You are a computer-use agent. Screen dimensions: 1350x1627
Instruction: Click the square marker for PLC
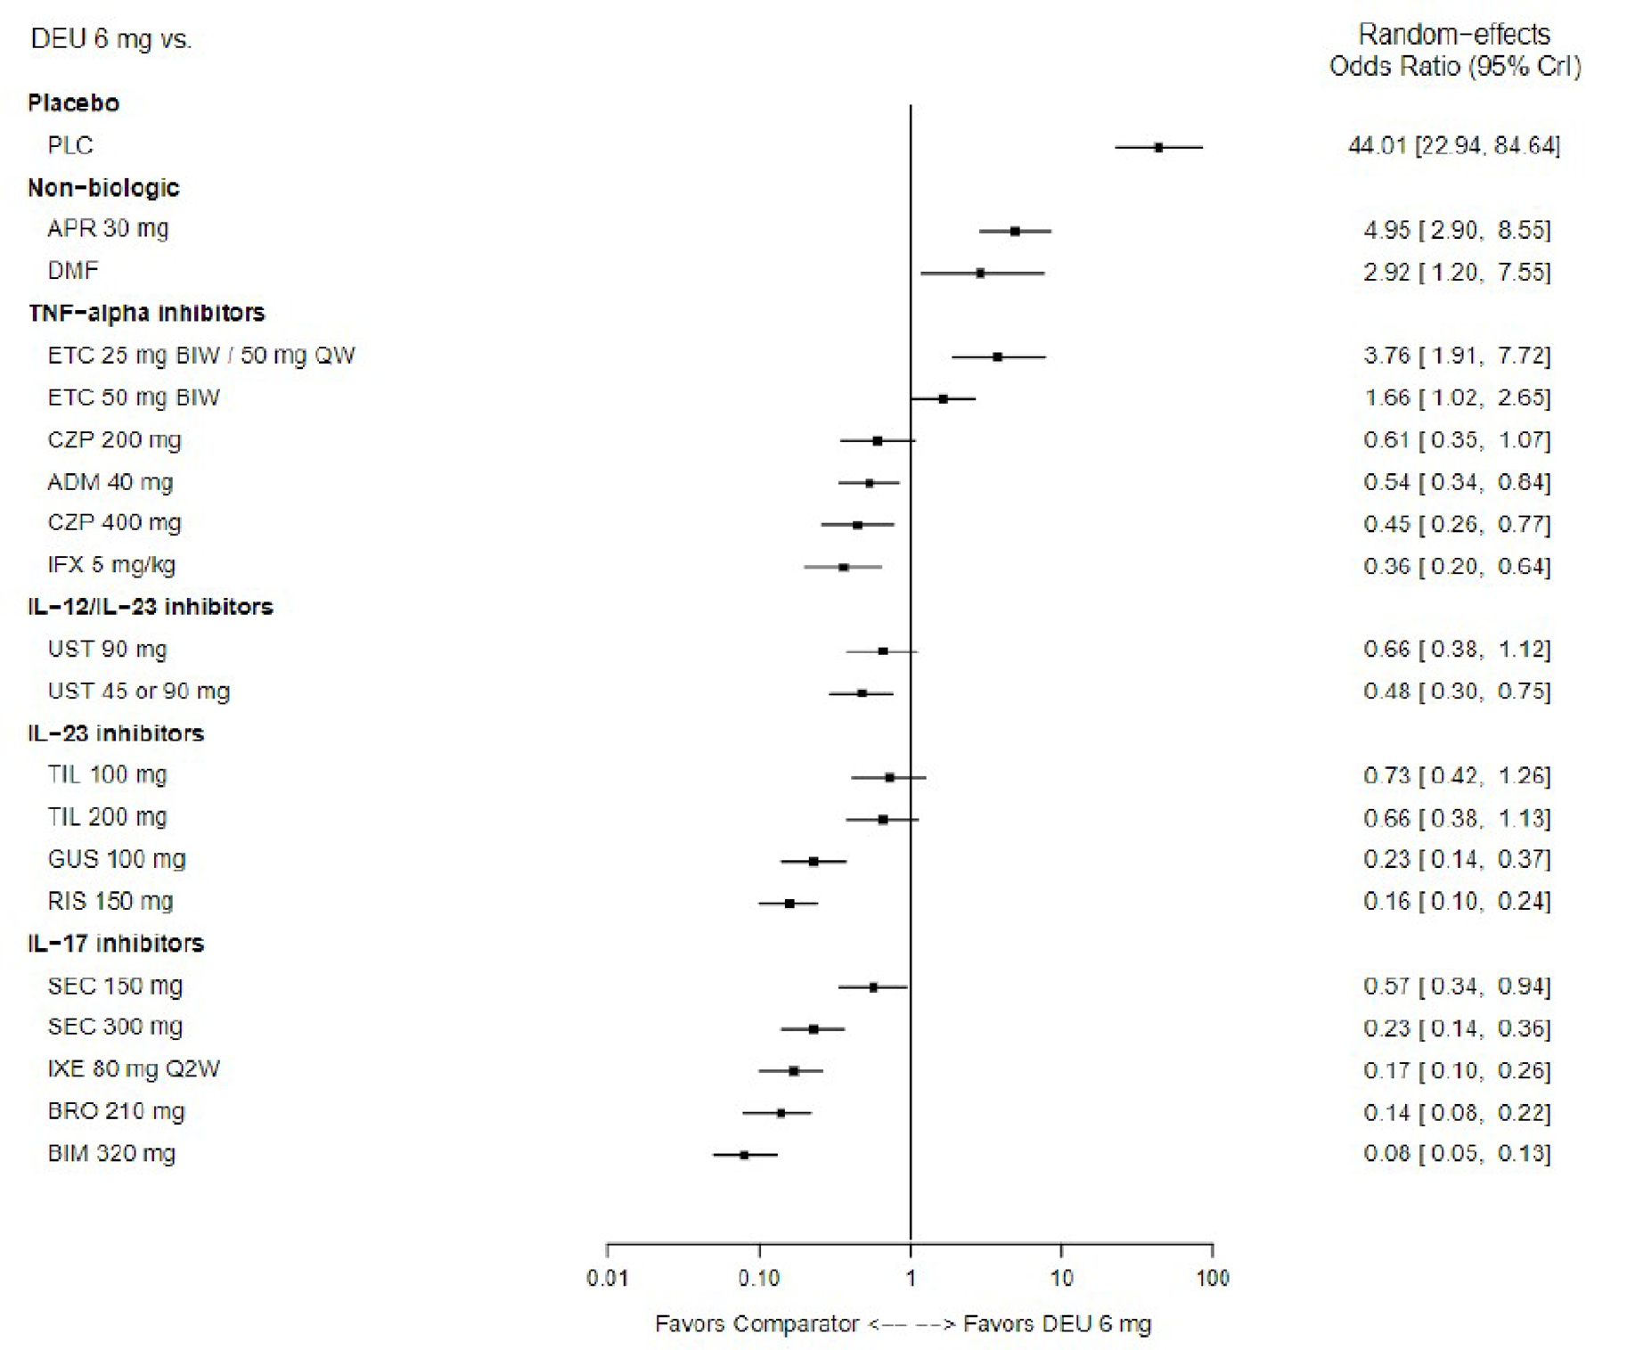[x=1157, y=147]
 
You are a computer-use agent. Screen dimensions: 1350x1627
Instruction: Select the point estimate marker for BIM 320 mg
[x=744, y=1155]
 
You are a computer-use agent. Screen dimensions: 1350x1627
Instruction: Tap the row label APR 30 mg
[x=108, y=229]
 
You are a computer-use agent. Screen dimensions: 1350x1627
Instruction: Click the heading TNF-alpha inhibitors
[x=146, y=313]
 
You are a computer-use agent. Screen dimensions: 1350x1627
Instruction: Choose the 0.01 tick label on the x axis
[x=607, y=1279]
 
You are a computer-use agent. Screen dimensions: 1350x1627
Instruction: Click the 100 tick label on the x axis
[x=1212, y=1279]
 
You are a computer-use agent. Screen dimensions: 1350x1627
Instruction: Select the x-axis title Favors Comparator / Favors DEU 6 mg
[x=902, y=1324]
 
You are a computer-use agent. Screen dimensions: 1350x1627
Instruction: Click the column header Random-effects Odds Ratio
[x=1454, y=50]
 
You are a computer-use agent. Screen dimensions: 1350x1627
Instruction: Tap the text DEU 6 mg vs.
[x=110, y=39]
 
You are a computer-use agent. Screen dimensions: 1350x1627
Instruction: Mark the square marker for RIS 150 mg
[x=789, y=904]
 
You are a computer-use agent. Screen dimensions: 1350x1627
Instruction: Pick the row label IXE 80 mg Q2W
[x=134, y=1068]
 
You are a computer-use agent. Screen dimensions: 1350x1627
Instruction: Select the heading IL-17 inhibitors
[x=116, y=944]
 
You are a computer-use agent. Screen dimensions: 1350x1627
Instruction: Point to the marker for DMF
[x=980, y=274]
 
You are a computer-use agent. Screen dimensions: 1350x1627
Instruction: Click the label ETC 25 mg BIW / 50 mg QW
[x=200, y=356]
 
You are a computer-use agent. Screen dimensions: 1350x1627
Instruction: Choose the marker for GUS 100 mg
[x=813, y=862]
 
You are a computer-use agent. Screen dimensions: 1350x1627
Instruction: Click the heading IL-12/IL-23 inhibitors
[x=150, y=607]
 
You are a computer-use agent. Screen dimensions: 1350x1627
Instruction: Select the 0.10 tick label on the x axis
[x=758, y=1279]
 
